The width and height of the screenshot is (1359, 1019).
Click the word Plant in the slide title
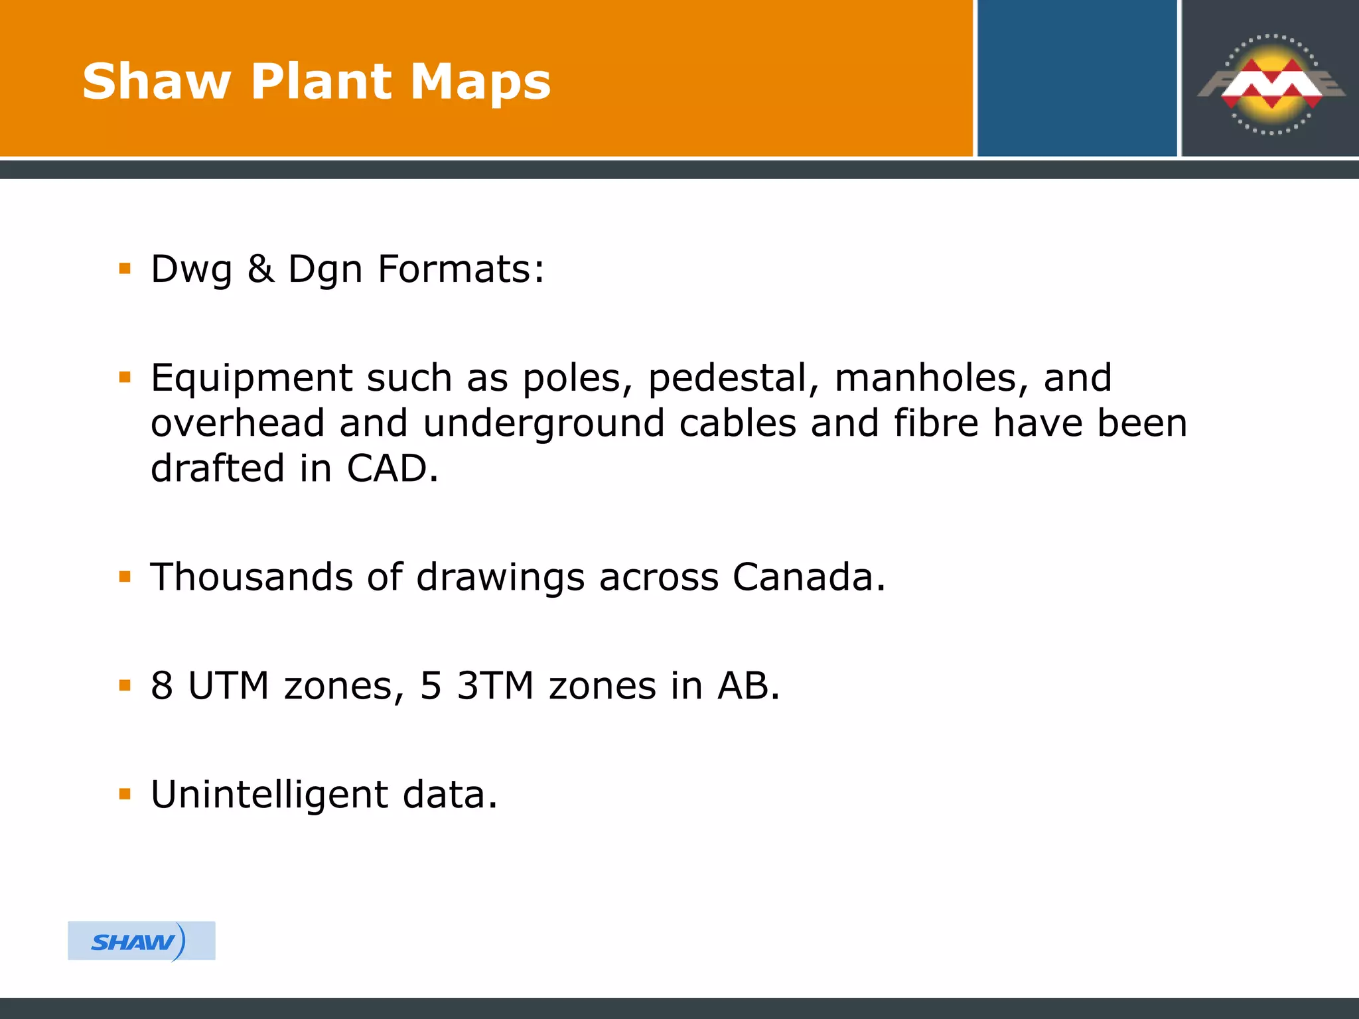[x=321, y=82]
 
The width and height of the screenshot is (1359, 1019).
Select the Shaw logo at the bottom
[x=141, y=941]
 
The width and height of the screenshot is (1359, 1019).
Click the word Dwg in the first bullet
[x=191, y=269]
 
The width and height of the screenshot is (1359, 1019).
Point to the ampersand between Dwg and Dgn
[x=260, y=269]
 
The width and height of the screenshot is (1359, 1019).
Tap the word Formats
[x=461, y=269]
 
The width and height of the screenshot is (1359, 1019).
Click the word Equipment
[x=251, y=378]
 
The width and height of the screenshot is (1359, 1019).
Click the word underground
[x=543, y=423]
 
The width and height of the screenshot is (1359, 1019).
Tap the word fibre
[x=936, y=423]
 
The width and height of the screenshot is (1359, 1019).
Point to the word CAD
[x=392, y=468]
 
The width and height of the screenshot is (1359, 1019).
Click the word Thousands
[x=251, y=577]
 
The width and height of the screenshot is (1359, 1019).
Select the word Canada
[x=808, y=577]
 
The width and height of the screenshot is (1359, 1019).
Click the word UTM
[x=228, y=685]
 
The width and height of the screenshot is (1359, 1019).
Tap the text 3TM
[x=495, y=685]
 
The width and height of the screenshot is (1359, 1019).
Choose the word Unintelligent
[x=269, y=794]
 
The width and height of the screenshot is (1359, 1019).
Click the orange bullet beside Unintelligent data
[x=125, y=793]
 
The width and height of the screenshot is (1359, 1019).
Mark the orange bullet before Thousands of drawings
[x=125, y=576]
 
